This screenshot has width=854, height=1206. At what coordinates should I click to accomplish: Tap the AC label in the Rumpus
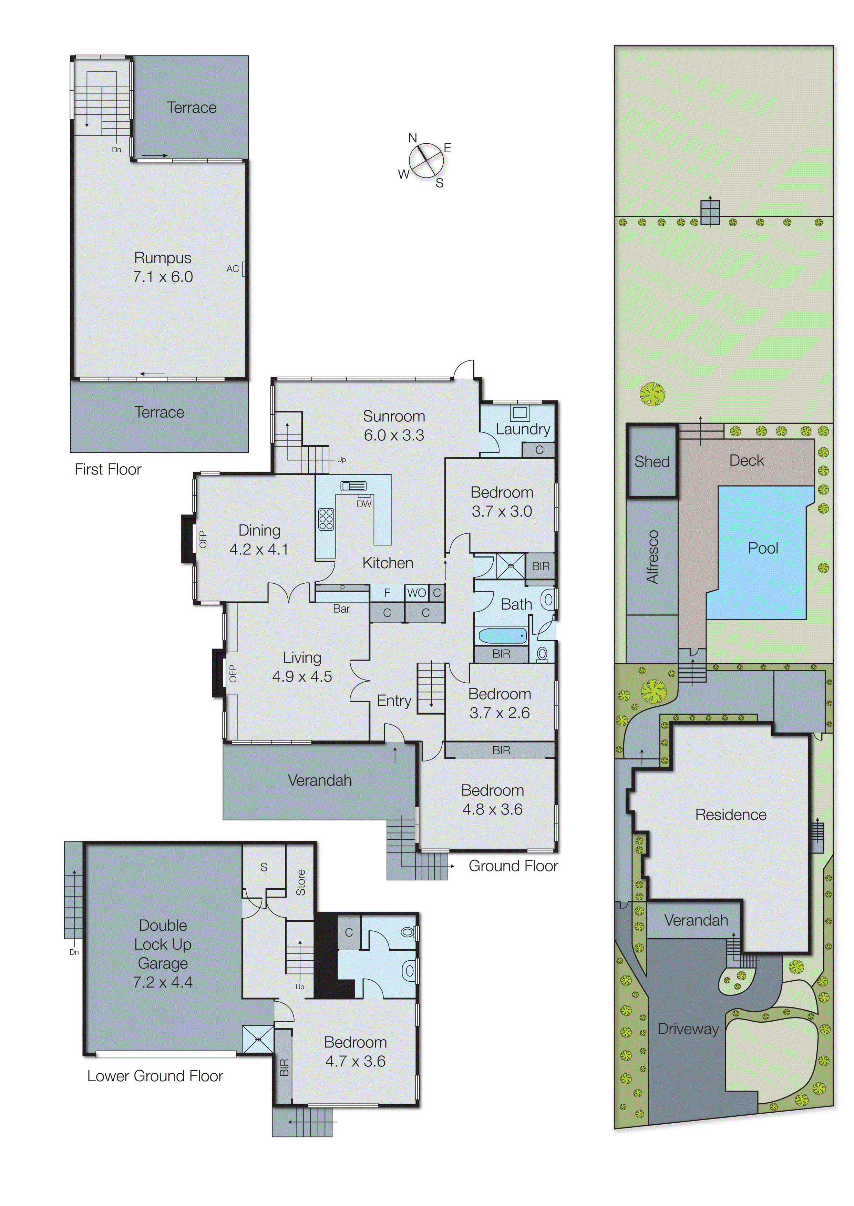[x=233, y=269]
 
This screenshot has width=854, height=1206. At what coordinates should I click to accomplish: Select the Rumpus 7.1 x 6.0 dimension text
[x=163, y=277]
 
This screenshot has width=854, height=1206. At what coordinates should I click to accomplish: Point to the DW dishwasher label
[x=364, y=504]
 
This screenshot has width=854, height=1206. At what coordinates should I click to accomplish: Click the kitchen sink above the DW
[x=353, y=486]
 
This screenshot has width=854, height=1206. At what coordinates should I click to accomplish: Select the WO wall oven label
[x=416, y=593]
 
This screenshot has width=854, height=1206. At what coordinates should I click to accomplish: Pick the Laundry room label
[x=523, y=429]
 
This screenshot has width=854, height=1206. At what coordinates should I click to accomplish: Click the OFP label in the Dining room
[x=203, y=539]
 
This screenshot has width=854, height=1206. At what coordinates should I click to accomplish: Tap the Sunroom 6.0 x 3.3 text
[x=394, y=426]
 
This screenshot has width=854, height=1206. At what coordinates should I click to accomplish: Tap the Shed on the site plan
[x=651, y=461]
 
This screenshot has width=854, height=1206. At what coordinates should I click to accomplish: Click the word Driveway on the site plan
[x=688, y=1029]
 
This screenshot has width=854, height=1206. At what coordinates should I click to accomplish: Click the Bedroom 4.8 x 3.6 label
[x=492, y=799]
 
